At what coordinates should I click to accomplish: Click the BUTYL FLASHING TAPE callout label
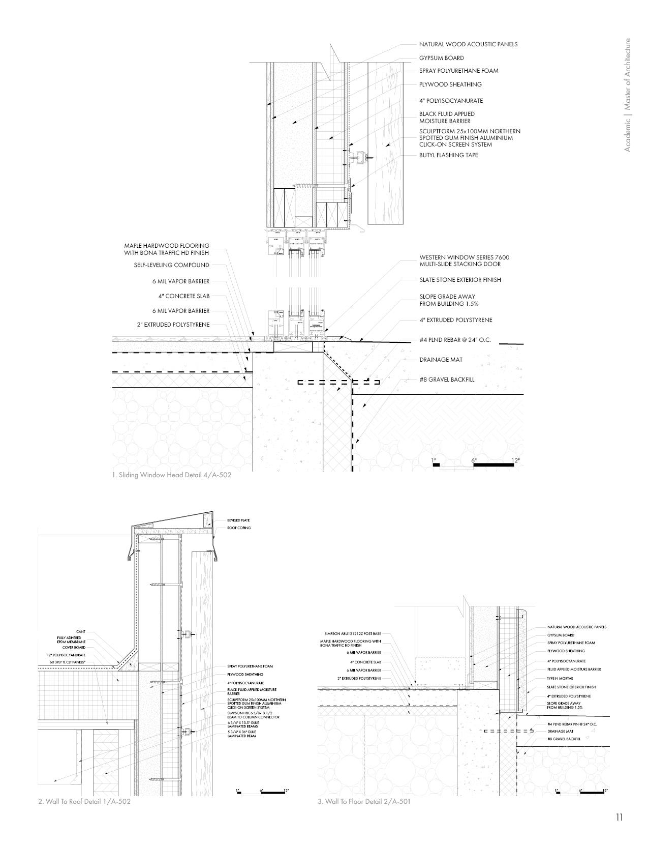point(448,155)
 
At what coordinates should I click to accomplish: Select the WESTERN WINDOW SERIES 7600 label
point(464,260)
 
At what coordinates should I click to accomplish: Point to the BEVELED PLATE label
point(238,520)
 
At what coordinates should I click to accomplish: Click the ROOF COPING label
point(239,528)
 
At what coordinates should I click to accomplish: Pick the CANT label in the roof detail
point(81,632)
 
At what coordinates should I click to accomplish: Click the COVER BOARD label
point(75,648)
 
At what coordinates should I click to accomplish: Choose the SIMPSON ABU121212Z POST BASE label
point(352,634)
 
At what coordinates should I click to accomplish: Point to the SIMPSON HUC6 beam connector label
point(254,715)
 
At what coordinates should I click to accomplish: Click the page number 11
point(619,818)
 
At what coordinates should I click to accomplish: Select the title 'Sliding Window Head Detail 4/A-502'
point(172,475)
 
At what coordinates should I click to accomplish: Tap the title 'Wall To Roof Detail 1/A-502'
point(81,802)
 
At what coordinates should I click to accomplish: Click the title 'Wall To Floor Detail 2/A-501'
point(364,802)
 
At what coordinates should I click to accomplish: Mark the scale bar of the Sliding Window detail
point(476,464)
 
